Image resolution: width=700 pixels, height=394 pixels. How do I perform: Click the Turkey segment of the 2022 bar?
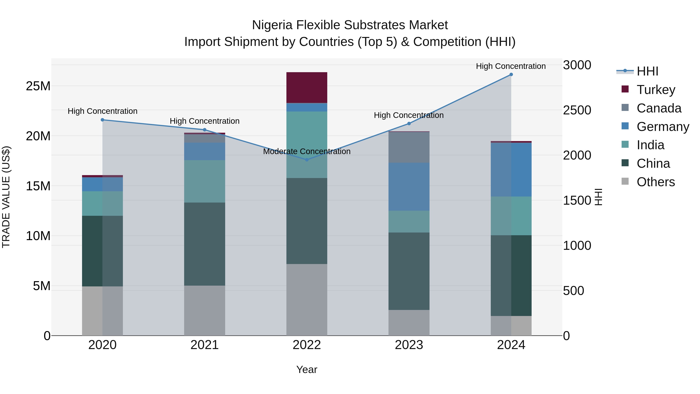[307, 88]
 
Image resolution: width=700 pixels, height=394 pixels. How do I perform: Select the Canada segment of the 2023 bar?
[409, 147]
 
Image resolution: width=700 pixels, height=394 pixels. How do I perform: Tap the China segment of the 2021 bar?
[205, 244]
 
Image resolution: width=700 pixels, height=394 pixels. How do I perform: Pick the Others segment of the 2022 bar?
[307, 300]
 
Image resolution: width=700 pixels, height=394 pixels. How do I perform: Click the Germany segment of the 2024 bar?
[511, 169]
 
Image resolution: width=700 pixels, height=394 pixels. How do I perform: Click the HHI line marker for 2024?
[511, 75]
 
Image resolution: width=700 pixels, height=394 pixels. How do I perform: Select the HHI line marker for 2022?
[307, 160]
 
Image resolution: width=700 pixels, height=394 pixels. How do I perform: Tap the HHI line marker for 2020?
[102, 120]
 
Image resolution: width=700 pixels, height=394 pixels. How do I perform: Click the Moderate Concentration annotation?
[307, 151]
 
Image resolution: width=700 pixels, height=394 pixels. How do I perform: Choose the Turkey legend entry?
[656, 90]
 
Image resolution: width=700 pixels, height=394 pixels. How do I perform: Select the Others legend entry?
[655, 182]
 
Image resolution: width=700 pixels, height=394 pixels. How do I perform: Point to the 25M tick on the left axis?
[38, 86]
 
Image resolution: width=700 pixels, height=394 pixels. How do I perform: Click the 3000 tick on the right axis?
[577, 65]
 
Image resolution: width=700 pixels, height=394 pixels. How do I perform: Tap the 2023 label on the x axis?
[409, 345]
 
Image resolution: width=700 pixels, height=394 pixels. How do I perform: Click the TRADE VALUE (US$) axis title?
[6, 197]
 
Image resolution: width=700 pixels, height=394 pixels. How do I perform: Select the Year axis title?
[307, 369]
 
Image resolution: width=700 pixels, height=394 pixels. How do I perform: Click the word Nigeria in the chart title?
[273, 25]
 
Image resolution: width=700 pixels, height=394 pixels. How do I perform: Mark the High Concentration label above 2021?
[205, 121]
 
